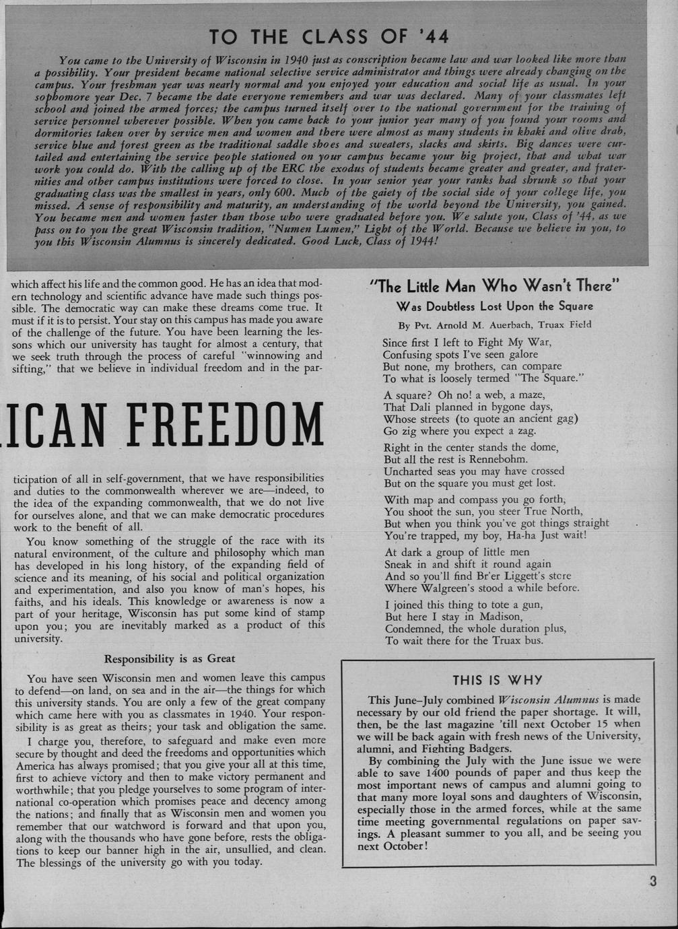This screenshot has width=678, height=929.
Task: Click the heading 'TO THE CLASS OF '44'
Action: tap(329, 36)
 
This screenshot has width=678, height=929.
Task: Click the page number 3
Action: tap(653, 882)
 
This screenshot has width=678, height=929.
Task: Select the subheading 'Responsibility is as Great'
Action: tap(170, 658)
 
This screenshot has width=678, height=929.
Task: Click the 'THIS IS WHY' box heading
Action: tap(497, 681)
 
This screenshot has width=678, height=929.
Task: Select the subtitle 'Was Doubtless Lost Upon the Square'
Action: tap(494, 306)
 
